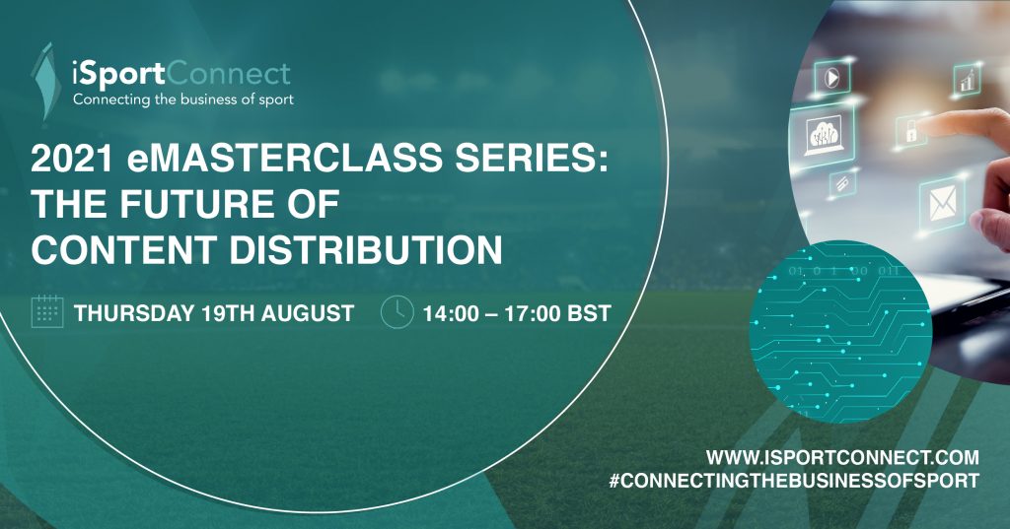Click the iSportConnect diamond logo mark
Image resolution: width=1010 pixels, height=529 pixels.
(x=46, y=81)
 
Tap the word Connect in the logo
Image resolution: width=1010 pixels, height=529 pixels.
(x=229, y=74)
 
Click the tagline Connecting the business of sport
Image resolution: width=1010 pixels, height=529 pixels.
(x=182, y=99)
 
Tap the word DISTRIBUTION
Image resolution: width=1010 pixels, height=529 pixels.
(x=366, y=249)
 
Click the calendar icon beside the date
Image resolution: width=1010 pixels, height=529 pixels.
(x=47, y=311)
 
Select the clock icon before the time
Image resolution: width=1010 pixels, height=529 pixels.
(x=397, y=312)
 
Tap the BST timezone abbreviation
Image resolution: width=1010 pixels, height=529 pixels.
(x=590, y=314)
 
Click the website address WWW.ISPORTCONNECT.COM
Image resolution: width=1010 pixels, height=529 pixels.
(x=842, y=458)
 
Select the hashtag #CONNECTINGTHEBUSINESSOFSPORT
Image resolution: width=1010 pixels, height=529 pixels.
(x=794, y=481)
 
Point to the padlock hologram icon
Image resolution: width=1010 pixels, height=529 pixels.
(x=910, y=131)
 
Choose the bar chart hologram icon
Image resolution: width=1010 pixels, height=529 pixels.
(x=967, y=79)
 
